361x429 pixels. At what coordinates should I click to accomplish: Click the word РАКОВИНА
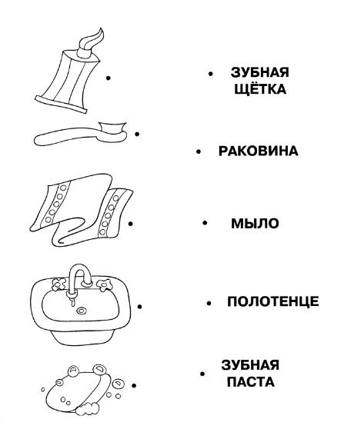[258, 151]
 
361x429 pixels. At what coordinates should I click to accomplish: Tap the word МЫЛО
[255, 223]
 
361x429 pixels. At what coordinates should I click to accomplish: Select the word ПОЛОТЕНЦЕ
[273, 301]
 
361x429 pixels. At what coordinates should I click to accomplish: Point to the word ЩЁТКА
[260, 89]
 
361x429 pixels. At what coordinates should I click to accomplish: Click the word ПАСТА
[251, 381]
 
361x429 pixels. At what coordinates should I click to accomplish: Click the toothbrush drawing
[80, 134]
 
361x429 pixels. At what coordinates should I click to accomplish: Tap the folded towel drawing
[82, 210]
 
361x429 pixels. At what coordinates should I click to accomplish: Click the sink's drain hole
[82, 311]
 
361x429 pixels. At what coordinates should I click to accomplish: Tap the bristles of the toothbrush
[113, 128]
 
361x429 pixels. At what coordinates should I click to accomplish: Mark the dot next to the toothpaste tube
[109, 78]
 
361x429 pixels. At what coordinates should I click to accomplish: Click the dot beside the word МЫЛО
[205, 223]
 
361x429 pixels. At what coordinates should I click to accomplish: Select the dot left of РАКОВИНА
[199, 151]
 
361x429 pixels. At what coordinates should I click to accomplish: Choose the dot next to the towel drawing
[131, 224]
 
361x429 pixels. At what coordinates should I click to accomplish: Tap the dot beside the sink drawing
[139, 307]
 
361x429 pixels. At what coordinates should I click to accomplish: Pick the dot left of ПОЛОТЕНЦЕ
[209, 303]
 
